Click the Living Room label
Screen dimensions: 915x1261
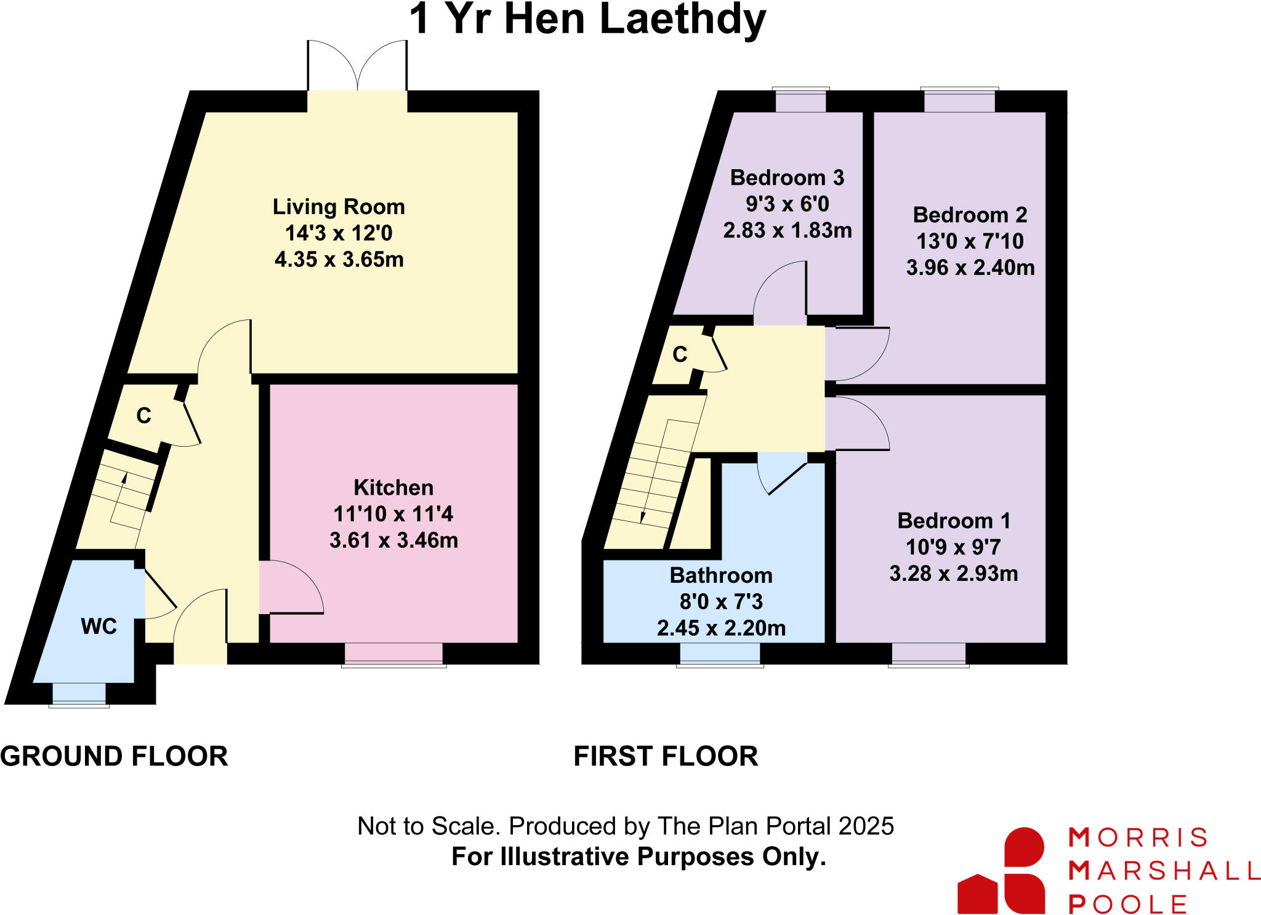click(x=339, y=207)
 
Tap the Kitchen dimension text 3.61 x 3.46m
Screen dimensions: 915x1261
click(x=393, y=540)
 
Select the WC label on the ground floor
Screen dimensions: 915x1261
click(x=99, y=626)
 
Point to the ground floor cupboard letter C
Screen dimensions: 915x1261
click(x=143, y=416)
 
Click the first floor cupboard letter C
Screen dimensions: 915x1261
click(x=680, y=354)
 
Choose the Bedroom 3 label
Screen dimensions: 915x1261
click(x=787, y=178)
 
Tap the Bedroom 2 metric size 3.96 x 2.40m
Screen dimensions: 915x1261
click(x=970, y=268)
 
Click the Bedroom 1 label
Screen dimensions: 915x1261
click(x=954, y=521)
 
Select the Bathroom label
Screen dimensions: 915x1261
click(x=721, y=575)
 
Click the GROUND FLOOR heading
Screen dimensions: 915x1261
click(x=114, y=756)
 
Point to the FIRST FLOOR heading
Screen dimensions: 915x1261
click(x=666, y=756)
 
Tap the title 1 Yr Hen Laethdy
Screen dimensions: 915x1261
click(x=587, y=20)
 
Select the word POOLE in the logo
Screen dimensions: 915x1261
click(x=1127, y=904)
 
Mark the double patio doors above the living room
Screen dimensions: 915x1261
click(x=357, y=68)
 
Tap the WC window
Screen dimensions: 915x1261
click(x=79, y=694)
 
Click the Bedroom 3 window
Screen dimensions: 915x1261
click(x=800, y=100)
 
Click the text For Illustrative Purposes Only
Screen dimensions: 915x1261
click(x=639, y=857)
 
